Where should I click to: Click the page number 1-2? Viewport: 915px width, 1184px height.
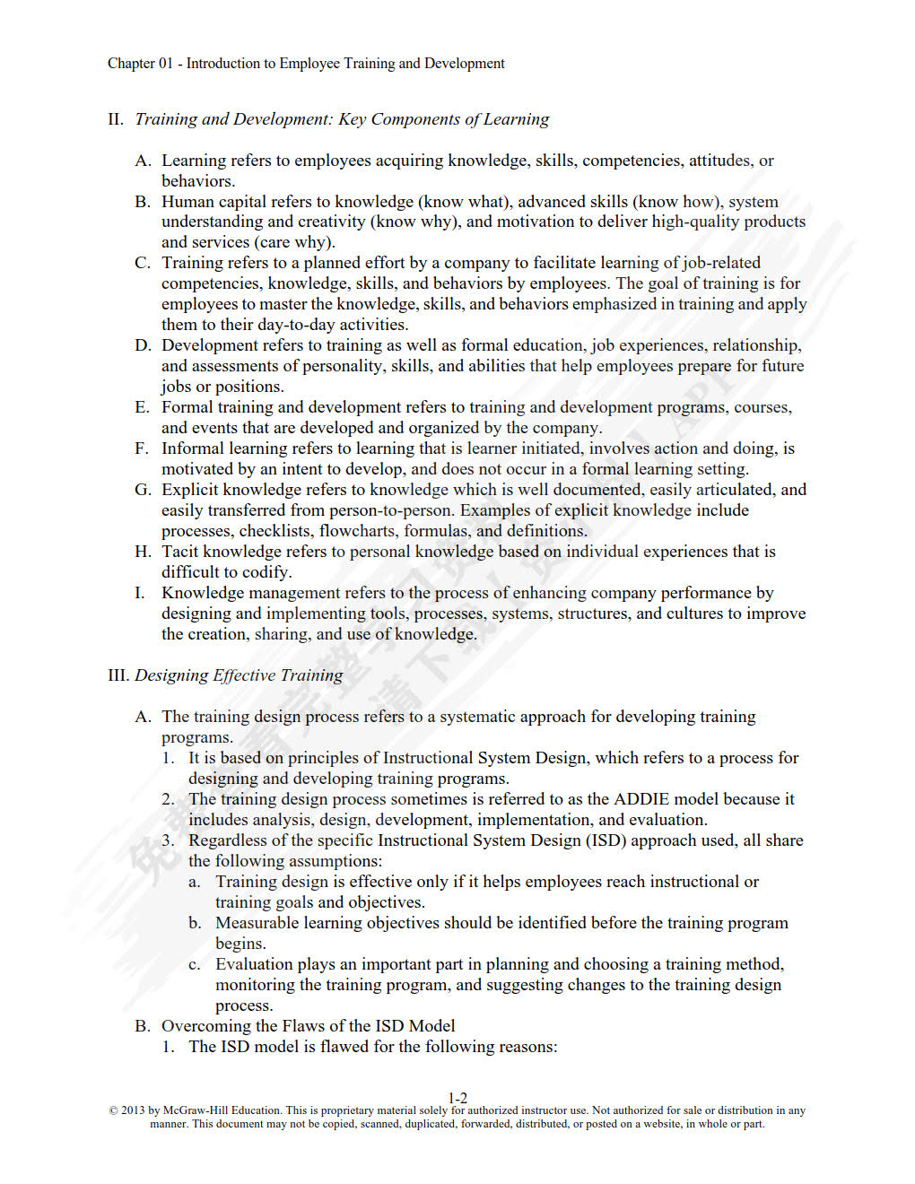tap(457, 1098)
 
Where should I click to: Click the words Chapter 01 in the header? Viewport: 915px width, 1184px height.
tap(140, 64)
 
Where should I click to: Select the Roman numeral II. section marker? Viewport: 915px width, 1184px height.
tap(116, 119)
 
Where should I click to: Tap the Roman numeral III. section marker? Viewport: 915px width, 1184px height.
tap(118, 675)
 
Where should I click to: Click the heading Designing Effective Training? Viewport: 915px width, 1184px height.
tap(239, 675)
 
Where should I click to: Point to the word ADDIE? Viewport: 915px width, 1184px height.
tap(640, 799)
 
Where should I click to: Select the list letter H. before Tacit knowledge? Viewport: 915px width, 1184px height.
tap(143, 552)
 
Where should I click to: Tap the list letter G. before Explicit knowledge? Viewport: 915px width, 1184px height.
tap(143, 490)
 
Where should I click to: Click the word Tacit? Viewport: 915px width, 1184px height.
tap(179, 552)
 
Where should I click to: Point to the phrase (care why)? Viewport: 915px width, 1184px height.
tap(294, 242)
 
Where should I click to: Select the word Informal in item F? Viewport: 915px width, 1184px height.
tap(193, 448)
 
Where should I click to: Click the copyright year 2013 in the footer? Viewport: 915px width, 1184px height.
tap(133, 1110)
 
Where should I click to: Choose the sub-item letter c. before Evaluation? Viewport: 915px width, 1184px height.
tap(195, 965)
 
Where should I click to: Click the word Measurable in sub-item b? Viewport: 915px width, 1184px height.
tap(259, 923)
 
